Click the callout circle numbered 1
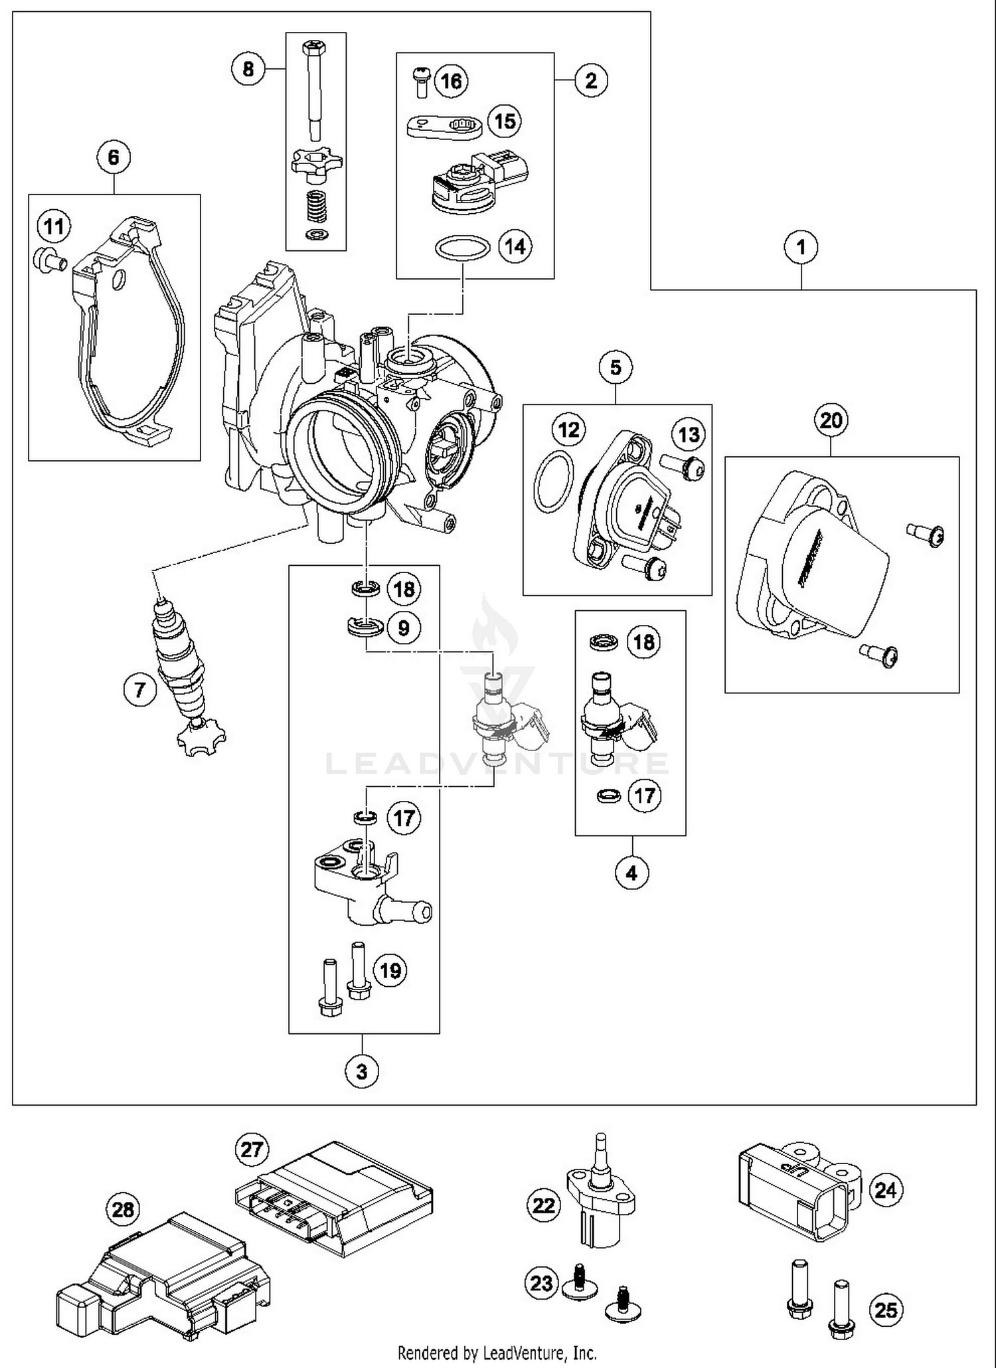(x=801, y=247)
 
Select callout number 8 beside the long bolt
(x=248, y=68)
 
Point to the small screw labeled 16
(x=420, y=81)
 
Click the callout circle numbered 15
(x=505, y=121)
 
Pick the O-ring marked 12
(x=552, y=481)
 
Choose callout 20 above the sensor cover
(x=831, y=420)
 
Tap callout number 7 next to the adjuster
(x=139, y=689)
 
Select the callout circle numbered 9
(x=404, y=628)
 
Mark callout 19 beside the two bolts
(x=390, y=971)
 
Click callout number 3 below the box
(x=362, y=1071)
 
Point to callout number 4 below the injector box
(x=631, y=873)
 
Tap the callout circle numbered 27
(x=252, y=1149)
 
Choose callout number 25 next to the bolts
(x=886, y=1310)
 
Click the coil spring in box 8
(x=315, y=207)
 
